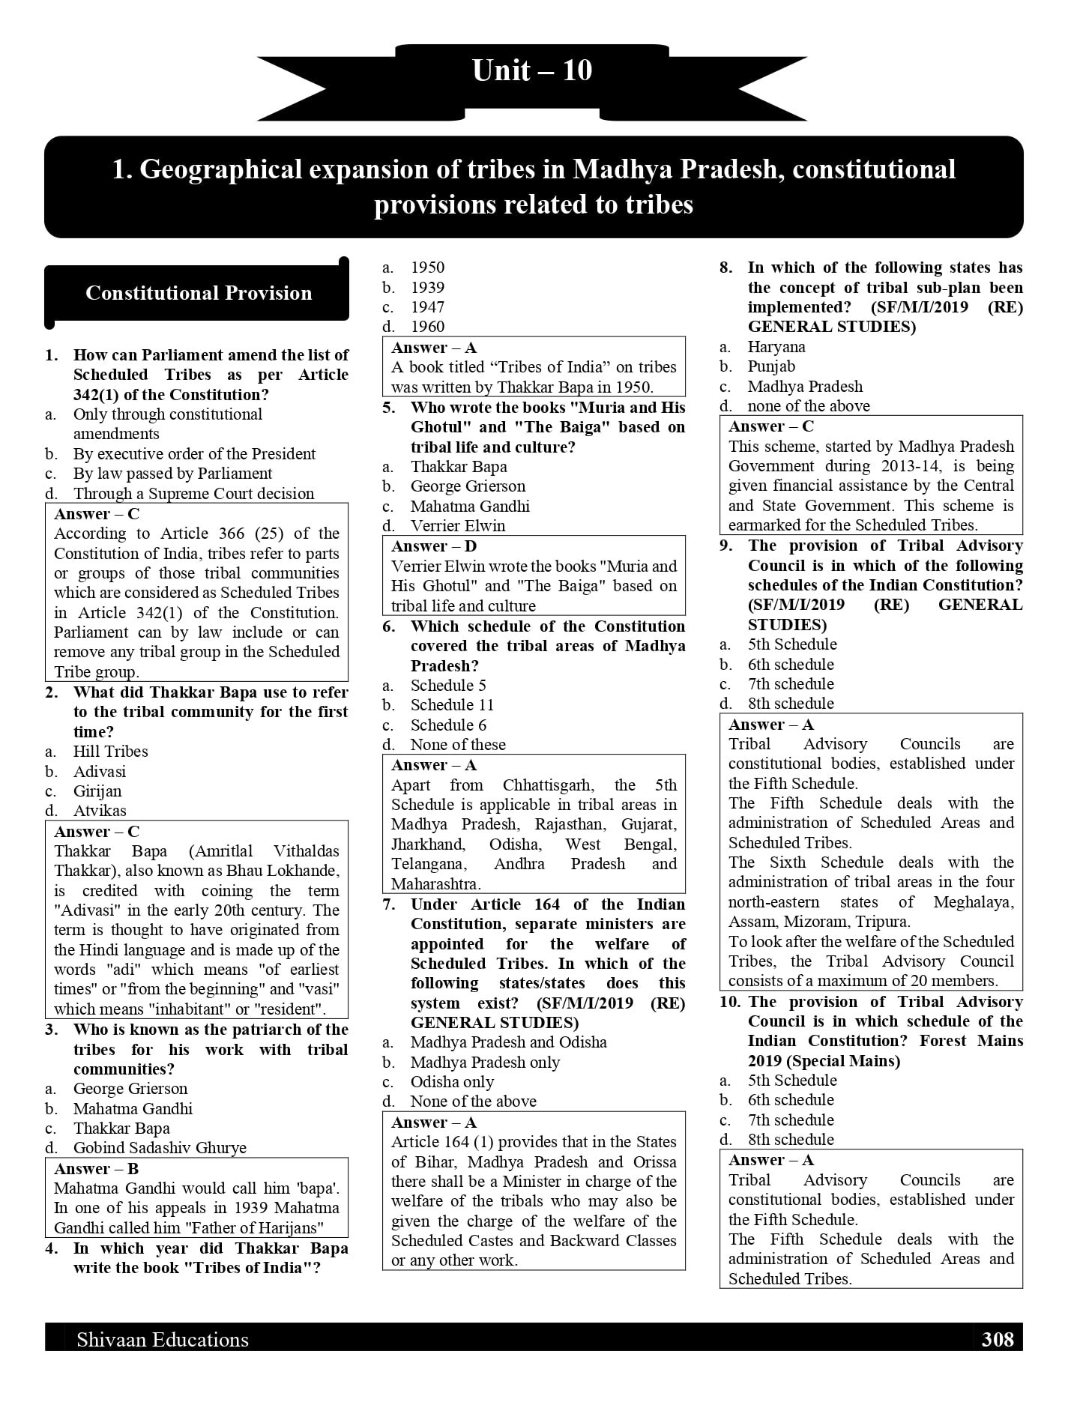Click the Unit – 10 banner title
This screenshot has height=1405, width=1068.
(x=532, y=70)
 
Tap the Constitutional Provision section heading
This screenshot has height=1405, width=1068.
(x=199, y=293)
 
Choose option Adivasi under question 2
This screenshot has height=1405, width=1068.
(x=100, y=771)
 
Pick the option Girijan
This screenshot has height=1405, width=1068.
(x=97, y=791)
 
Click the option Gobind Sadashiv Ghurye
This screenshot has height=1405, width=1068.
(x=160, y=1147)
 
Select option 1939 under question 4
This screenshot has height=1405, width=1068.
(x=427, y=287)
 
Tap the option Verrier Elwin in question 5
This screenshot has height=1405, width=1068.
(x=458, y=525)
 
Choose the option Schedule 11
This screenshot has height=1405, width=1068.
(x=452, y=704)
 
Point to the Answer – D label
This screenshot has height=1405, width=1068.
(x=434, y=546)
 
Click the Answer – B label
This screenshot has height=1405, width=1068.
(x=96, y=1168)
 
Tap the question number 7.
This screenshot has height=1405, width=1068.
(x=388, y=904)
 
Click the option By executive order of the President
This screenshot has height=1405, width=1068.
(x=194, y=453)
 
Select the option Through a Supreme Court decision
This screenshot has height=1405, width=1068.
(x=193, y=493)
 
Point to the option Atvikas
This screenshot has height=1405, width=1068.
(x=100, y=810)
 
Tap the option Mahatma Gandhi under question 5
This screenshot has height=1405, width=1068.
(x=470, y=506)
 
